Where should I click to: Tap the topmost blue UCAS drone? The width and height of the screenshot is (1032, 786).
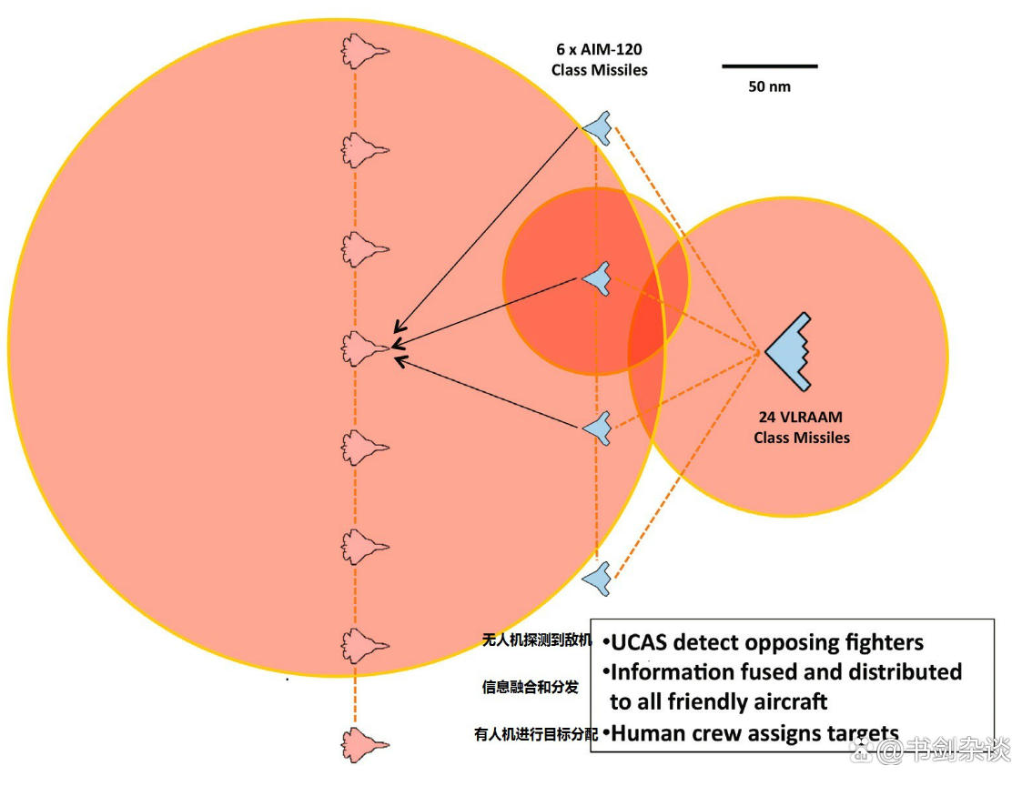point(598,127)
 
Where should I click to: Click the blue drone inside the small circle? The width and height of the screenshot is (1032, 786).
point(597,277)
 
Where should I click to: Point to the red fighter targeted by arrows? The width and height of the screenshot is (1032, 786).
point(364,348)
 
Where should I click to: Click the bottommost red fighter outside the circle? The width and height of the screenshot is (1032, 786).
point(364,744)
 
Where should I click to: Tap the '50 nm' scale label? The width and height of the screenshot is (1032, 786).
point(770,87)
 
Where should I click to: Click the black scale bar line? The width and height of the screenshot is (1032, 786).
point(770,65)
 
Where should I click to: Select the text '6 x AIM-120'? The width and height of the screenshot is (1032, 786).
point(600,50)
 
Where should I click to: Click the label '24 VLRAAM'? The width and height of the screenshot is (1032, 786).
point(801,418)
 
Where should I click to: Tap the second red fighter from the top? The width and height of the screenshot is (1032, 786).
point(364,148)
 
